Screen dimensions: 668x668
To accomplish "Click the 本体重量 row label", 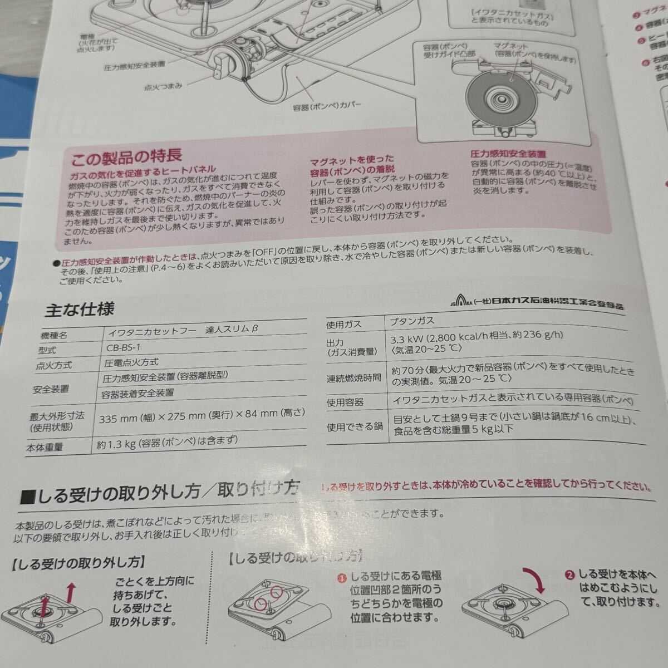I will point(45,446).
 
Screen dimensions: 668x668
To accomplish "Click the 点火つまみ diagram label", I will point(163,87).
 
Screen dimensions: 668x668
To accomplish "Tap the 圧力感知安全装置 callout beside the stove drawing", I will point(134,65).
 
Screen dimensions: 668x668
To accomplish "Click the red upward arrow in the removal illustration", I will point(70,594).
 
